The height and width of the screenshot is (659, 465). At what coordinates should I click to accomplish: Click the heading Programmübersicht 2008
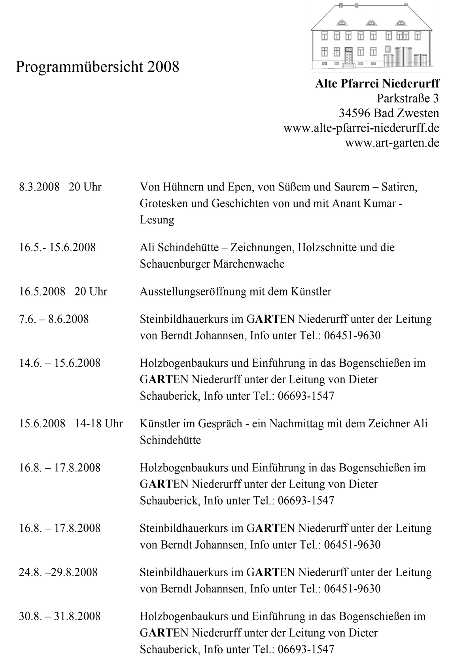pos(97,67)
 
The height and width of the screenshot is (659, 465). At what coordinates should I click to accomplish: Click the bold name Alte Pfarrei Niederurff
pos(377,84)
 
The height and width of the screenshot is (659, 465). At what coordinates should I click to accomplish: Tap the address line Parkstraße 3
pos(408,98)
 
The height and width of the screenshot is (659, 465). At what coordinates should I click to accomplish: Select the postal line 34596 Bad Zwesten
pos(389,113)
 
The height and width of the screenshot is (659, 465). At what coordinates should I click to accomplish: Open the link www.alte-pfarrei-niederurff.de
pos(361,128)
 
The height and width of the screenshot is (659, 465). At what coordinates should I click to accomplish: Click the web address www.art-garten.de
pos(392,143)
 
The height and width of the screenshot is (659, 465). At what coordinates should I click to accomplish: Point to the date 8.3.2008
pos(39,187)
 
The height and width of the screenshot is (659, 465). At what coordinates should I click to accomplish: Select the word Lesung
pos(157,220)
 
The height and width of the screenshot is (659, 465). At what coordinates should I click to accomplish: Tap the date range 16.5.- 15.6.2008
pos(57,248)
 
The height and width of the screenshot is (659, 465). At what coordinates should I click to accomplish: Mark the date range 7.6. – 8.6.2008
pos(54,319)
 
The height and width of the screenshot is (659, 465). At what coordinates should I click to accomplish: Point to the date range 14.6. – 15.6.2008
pos(60,363)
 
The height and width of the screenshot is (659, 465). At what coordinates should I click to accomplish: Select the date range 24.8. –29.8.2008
pos(58,572)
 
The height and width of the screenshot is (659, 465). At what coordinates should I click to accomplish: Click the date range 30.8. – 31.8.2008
pos(60,616)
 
